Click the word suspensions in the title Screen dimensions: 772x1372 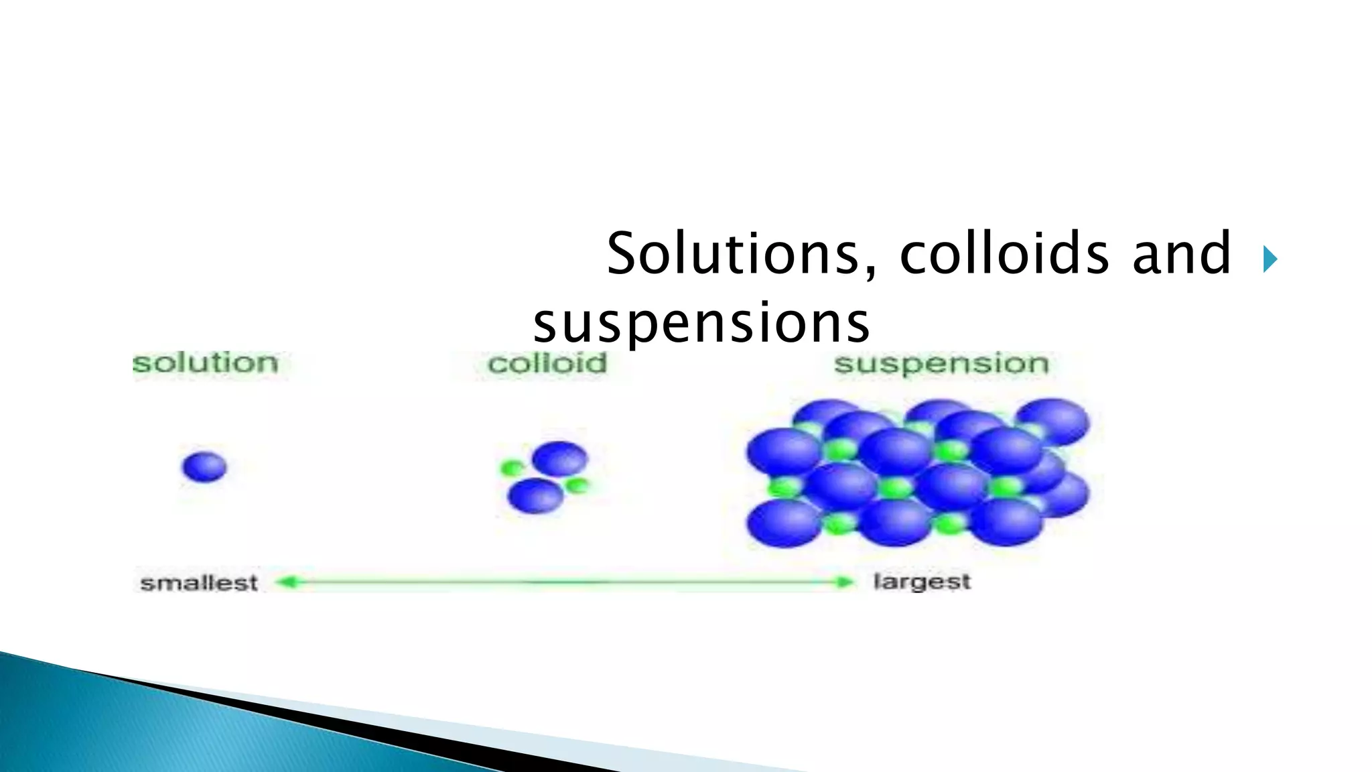click(x=701, y=323)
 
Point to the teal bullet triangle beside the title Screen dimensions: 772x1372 click(x=1270, y=259)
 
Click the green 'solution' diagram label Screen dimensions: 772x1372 click(x=205, y=363)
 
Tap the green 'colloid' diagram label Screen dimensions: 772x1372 click(x=547, y=364)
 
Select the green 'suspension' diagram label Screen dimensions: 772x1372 click(x=941, y=364)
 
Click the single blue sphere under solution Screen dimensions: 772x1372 click(x=204, y=466)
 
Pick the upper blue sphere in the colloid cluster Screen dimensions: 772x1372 click(x=559, y=459)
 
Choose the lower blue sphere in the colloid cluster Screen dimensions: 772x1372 click(x=535, y=497)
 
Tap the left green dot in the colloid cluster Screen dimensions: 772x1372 click(x=512, y=468)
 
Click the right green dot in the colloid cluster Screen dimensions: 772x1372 click(x=577, y=485)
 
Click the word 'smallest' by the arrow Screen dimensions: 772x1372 click(x=199, y=582)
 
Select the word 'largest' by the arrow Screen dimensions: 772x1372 click(x=922, y=582)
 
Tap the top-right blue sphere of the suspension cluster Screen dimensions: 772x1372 click(x=1052, y=421)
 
